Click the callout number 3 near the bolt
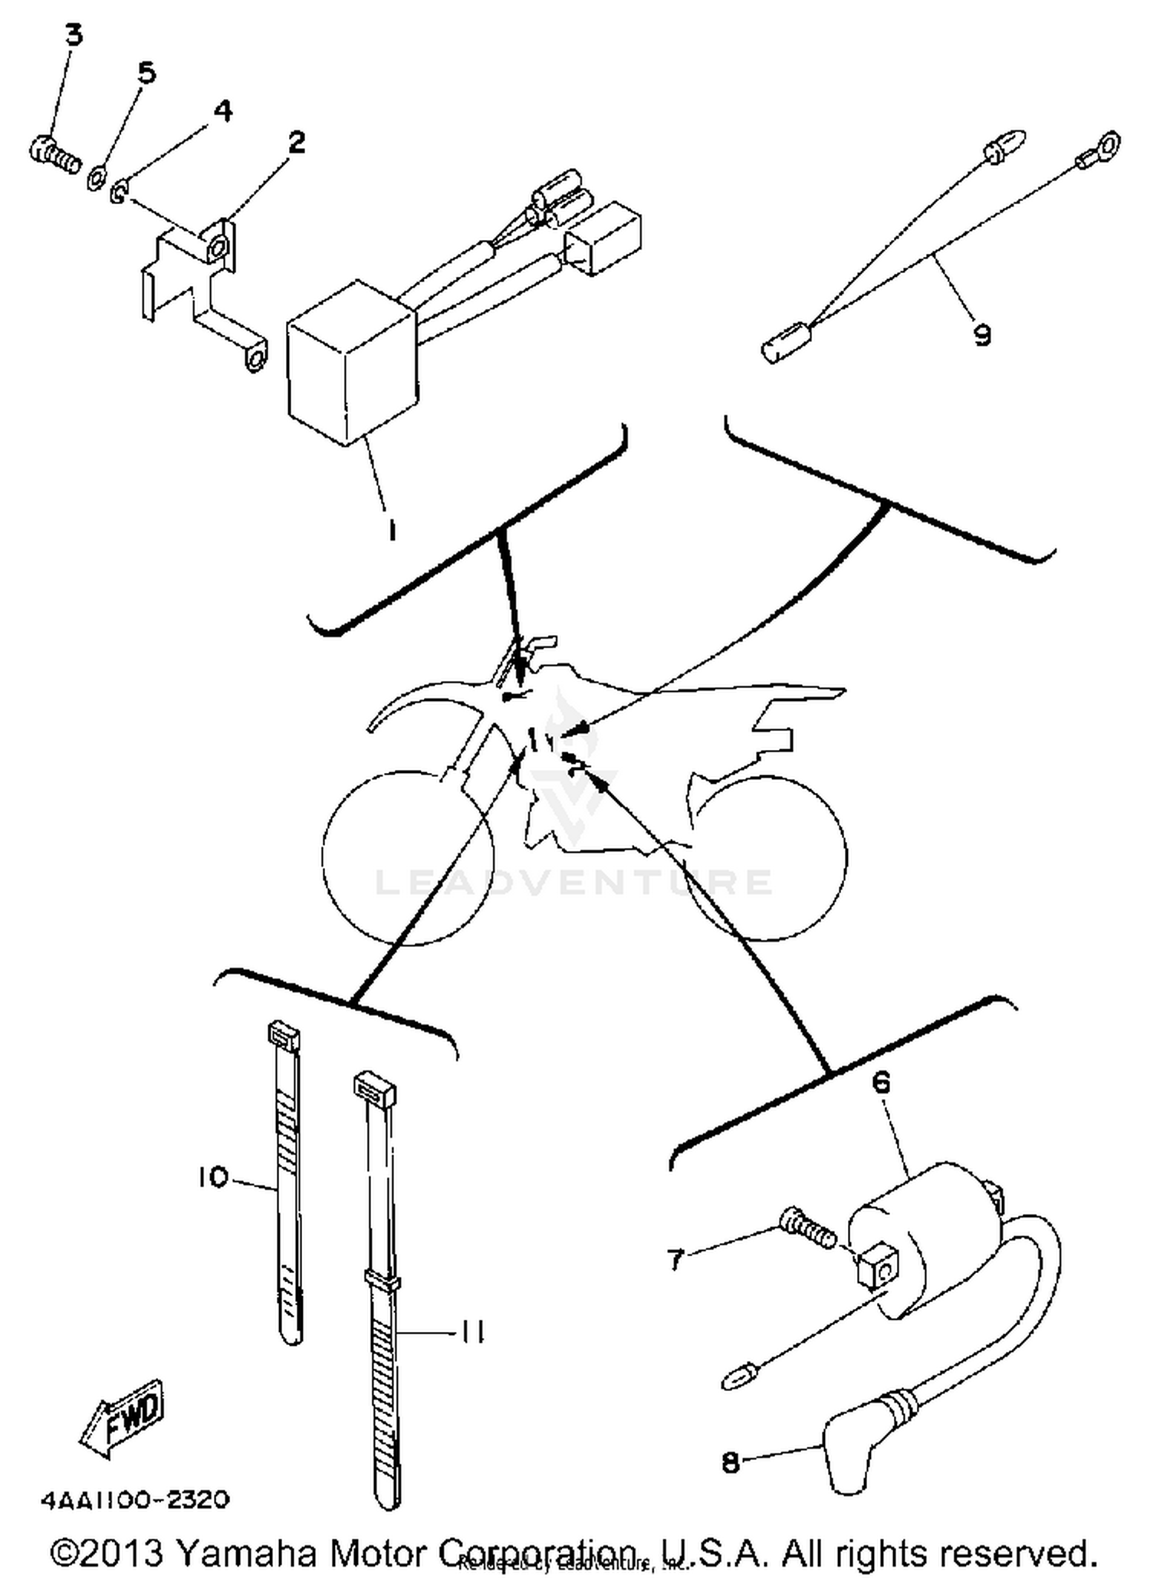73,36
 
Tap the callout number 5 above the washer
146,73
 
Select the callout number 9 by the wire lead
982,335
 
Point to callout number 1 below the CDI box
392,530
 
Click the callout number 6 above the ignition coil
882,1082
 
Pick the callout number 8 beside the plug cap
731,1463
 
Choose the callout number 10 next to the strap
212,1177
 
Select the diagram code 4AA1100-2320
134,1499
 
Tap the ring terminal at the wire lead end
1108,143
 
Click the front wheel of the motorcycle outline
407,858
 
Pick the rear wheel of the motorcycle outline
767,858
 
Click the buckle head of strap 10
284,1036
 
